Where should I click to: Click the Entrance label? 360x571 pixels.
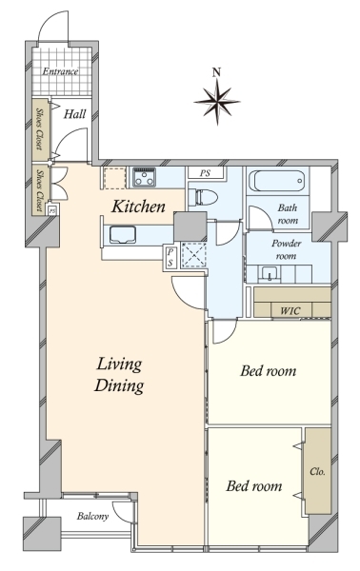point(60,71)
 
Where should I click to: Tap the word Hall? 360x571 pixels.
point(74,114)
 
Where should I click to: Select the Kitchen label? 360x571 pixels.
point(138,207)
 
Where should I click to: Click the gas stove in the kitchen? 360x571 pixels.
point(144,177)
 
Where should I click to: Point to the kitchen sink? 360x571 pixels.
point(123,235)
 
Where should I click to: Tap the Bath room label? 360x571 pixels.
point(288,214)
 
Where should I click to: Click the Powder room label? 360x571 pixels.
point(286,249)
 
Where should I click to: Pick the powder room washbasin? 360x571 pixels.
point(270,274)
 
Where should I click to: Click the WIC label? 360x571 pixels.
point(290,311)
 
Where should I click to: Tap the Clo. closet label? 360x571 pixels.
point(317,472)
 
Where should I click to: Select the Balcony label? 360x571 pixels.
point(92,517)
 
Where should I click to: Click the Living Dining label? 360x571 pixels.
point(119,375)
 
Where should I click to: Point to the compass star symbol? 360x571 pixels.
point(217,102)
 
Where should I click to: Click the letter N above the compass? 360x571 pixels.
point(217,72)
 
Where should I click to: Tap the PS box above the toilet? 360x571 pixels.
point(205,173)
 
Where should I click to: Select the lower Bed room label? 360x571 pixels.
point(254,486)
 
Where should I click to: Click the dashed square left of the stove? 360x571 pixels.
point(114,178)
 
